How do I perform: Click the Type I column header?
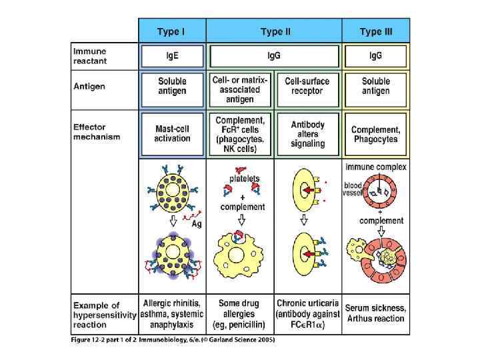171,31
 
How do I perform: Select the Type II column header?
274,31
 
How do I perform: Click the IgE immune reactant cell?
172,55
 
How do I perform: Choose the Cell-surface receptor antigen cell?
307,86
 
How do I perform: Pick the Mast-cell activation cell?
172,133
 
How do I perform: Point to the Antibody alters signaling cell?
307,134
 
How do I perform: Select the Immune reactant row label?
89,55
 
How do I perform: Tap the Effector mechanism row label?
97,132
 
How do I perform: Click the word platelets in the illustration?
244,179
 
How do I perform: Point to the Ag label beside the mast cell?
197,224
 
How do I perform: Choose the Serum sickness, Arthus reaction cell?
375,313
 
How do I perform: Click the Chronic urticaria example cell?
307,313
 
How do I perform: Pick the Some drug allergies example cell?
239,313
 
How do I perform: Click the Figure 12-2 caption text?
173,340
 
